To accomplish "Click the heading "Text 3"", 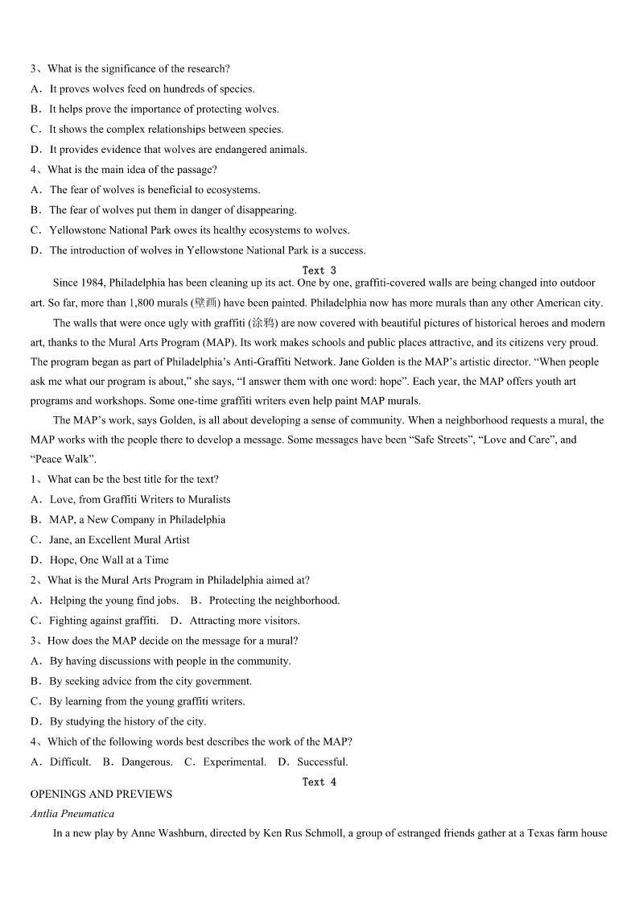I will [319, 270].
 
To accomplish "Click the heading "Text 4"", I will [319, 782].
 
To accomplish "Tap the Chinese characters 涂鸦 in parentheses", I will [262, 324].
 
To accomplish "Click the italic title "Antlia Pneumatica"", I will [72, 814].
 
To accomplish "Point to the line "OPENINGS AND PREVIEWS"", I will [101, 794].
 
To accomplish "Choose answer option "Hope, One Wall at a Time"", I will [109, 560].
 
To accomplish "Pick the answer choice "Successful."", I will [322, 762].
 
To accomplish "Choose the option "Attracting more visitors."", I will [245, 621].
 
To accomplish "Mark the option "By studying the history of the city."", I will [127, 722].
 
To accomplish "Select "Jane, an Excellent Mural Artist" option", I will [119, 540].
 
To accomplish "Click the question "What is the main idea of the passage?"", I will [132, 170].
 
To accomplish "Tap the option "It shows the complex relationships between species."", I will [166, 130].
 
